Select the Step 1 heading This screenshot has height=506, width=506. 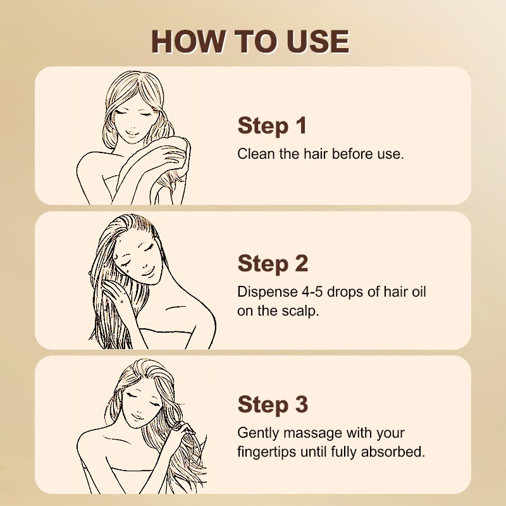[272, 125]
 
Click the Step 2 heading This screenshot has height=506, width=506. [273, 263]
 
